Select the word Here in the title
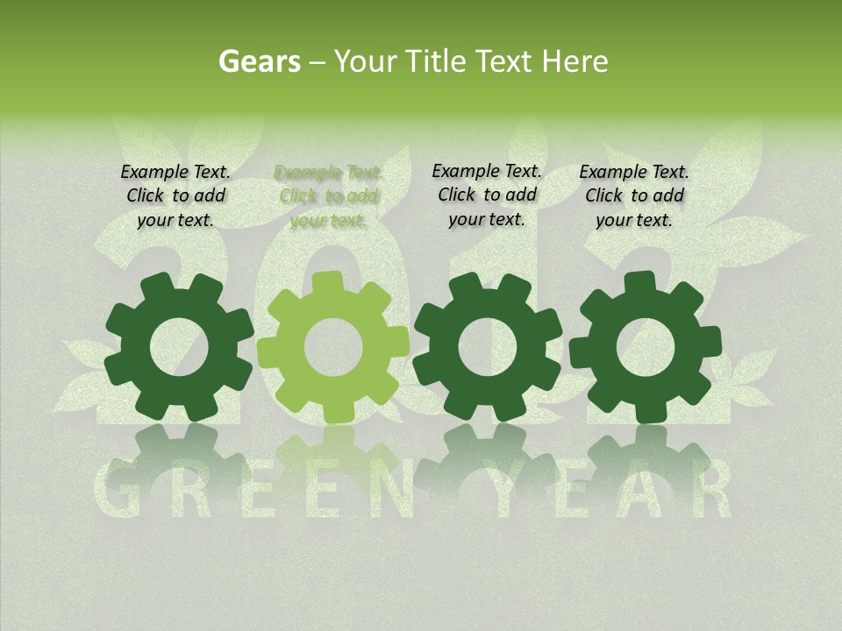tap(575, 61)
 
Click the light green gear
tap(332, 347)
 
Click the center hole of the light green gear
tap(332, 347)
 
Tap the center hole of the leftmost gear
tap(179, 347)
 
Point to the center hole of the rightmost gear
tap(646, 347)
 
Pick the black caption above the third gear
tap(487, 195)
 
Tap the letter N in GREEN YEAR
tap(393, 491)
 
